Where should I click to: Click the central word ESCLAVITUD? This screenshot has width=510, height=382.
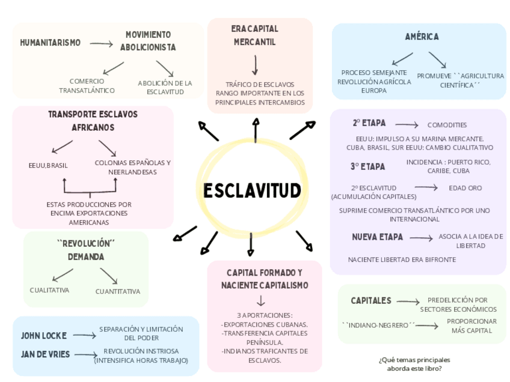(251, 191)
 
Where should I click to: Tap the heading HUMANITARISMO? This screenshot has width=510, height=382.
(50, 43)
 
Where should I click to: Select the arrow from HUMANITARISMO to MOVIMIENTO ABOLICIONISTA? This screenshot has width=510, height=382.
(101, 43)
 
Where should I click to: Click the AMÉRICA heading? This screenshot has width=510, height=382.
(422, 37)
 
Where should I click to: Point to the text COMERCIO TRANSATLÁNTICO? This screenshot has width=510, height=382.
(87, 85)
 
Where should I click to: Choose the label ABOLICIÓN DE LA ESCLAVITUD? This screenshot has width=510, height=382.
(165, 87)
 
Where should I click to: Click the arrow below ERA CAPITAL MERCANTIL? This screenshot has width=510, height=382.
(256, 65)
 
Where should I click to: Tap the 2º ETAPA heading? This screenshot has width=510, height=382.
(369, 123)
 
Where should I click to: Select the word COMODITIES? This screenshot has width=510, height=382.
(447, 125)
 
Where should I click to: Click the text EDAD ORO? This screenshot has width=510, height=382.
(465, 188)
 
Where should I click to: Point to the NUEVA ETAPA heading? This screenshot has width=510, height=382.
(377, 237)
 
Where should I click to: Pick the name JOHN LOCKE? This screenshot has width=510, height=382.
(43, 335)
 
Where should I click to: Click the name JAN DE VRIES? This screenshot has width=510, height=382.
(45, 354)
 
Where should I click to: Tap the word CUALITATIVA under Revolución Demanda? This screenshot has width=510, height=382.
(49, 290)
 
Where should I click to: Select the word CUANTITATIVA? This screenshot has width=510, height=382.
(118, 291)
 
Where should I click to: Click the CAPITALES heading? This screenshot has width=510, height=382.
(370, 300)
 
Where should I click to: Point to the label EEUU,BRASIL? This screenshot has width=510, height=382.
(48, 165)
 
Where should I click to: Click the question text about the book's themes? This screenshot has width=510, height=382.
(414, 364)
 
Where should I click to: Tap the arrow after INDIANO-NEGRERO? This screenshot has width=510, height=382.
(427, 326)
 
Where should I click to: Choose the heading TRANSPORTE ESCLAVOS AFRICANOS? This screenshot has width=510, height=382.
(93, 121)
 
